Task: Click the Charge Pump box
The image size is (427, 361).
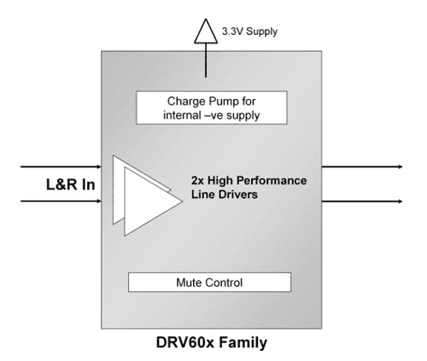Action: pyautogui.click(x=212, y=108)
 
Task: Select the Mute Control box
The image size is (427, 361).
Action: pyautogui.click(x=209, y=282)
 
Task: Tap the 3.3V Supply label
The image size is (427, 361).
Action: pyautogui.click(x=249, y=32)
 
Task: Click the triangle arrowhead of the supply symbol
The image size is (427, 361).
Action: pyautogui.click(x=206, y=32)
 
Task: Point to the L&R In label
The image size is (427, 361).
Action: pyautogui.click(x=70, y=184)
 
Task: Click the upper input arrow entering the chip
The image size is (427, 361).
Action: pyautogui.click(x=61, y=166)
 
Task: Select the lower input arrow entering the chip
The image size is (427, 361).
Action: pyautogui.click(x=61, y=201)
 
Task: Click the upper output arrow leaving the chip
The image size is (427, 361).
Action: pyautogui.click(x=362, y=166)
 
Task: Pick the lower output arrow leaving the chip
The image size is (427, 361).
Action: pyautogui.click(x=362, y=201)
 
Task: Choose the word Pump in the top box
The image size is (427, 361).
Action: pyautogui.click(x=224, y=102)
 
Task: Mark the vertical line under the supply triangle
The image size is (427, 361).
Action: pyautogui.click(x=206, y=61)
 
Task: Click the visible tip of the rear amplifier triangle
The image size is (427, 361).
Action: pyautogui.click(x=170, y=189)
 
